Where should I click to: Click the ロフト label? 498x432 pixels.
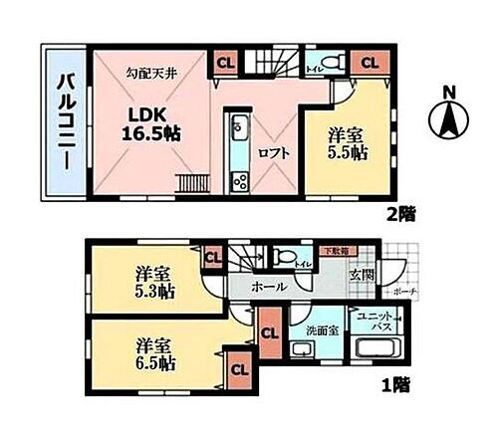coord(272,154)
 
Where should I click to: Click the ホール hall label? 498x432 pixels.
coord(271,286)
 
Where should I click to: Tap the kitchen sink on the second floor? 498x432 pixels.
coord(238,130)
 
